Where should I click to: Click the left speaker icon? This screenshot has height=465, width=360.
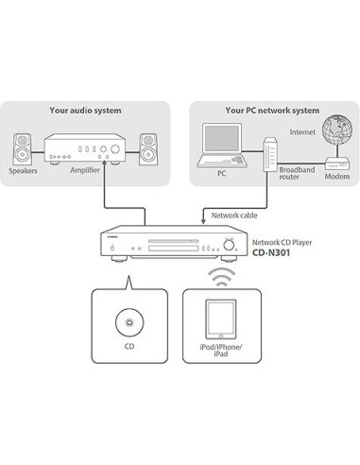[x=23, y=149]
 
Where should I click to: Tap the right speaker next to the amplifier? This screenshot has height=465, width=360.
[x=148, y=149]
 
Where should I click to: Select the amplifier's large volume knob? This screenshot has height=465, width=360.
[x=115, y=149]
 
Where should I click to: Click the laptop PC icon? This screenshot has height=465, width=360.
[x=220, y=146]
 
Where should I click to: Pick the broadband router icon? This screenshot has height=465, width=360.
[x=270, y=154]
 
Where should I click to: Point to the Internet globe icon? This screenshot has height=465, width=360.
[x=337, y=129]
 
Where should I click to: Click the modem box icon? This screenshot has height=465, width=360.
[x=337, y=164]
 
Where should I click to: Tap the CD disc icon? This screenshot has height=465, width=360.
[x=129, y=322]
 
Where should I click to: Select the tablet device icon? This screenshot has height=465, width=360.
[x=221, y=319]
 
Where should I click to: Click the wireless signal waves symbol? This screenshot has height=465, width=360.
[x=222, y=277]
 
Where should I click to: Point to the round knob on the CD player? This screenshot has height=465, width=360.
[x=229, y=245]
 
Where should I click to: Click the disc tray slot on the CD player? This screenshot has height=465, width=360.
[x=174, y=241]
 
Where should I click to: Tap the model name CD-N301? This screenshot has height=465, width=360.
[x=271, y=252]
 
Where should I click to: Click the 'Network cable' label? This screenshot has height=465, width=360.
[x=234, y=215]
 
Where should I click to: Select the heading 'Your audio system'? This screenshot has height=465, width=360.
[x=85, y=111]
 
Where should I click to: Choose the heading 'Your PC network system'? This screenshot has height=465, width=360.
[x=272, y=111]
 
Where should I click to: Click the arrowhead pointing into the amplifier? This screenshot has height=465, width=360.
[x=104, y=163]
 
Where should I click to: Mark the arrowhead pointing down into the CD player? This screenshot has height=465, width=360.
[x=203, y=222]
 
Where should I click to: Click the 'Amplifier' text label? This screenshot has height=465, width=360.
[x=85, y=170]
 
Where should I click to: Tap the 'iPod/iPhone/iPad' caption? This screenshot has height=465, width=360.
[x=221, y=351]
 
